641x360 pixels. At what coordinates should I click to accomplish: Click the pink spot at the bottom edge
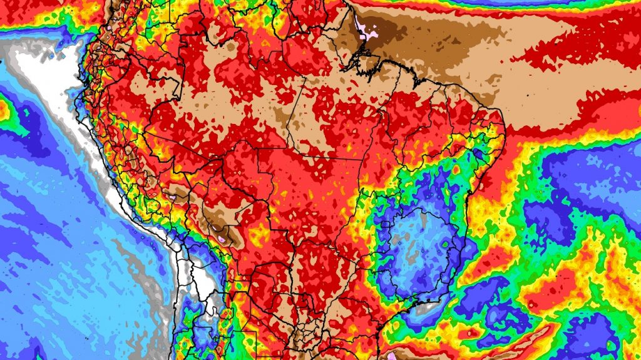click(392, 356)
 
